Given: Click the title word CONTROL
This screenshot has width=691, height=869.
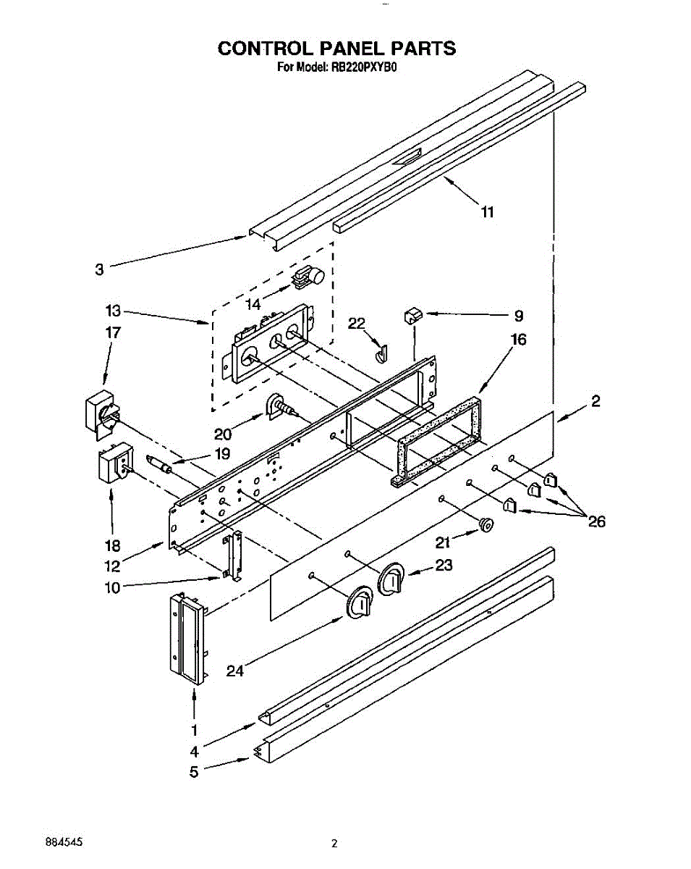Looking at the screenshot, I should coord(264,49).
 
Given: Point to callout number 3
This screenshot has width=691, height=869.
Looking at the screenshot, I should coord(99,269).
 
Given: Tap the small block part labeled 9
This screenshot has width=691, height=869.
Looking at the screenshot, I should coord(413,315).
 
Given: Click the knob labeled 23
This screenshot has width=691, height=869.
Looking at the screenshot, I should coord(392,579).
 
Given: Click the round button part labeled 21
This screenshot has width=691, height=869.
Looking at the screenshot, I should coord(486,524).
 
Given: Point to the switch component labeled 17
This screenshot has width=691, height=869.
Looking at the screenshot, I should coord(100,413).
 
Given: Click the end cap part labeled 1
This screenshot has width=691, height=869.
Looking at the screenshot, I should coord(188,637).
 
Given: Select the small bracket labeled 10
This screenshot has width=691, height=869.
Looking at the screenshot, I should coord(232,556).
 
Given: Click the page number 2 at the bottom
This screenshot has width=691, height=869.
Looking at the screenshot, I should coord(334,843).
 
